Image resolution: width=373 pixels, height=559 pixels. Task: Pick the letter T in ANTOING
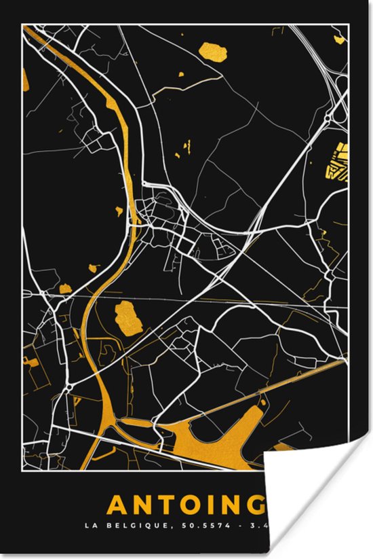tap(167, 505)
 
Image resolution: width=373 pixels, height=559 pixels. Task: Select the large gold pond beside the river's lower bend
tap(127, 317)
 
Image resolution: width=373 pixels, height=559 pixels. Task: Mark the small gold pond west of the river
tap(65, 289)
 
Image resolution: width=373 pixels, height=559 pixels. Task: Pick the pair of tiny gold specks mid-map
tap(183, 149)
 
